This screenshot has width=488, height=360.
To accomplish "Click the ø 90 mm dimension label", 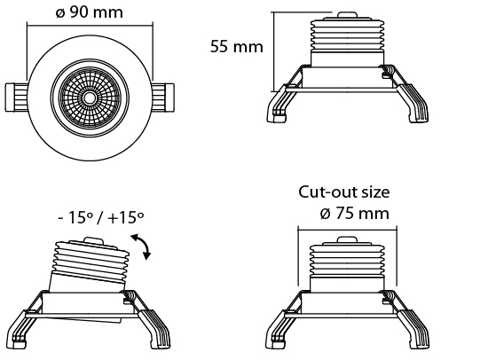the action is pyautogui.click(x=90, y=12).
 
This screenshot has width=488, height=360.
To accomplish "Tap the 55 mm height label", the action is pyautogui.click(x=237, y=47).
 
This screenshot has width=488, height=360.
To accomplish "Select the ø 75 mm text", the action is pyautogui.click(x=355, y=214).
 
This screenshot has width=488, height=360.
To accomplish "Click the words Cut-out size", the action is pyautogui.click(x=344, y=192).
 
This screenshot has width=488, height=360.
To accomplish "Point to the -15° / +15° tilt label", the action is pyautogui.click(x=101, y=217).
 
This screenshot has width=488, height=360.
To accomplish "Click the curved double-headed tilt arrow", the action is pyautogui.click(x=144, y=245).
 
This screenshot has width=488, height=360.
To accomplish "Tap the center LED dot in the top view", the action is pyautogui.click(x=90, y=98).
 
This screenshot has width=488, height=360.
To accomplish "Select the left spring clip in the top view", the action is pyautogui.click(x=16, y=97).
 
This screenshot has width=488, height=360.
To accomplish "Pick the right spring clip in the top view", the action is pyautogui.click(x=163, y=97).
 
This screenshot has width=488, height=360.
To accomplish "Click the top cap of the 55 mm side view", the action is pyautogui.click(x=347, y=16).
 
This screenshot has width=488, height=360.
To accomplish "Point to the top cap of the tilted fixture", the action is pyautogui.click(x=94, y=242).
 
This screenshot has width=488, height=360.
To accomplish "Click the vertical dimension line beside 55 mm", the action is pyautogui.click(x=274, y=52).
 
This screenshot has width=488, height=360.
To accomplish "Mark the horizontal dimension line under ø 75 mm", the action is pyautogui.click(x=347, y=230).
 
